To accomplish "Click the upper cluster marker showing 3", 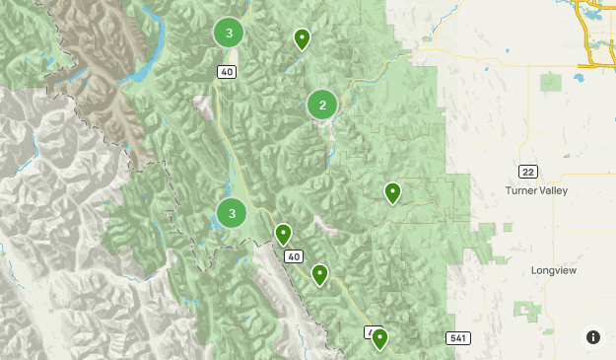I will click(229, 34).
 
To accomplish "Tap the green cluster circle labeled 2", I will click(322, 105).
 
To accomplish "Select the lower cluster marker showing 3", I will click(232, 212).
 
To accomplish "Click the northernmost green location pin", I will click(303, 39).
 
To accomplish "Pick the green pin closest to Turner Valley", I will click(392, 192).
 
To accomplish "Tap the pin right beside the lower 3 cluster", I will click(283, 235).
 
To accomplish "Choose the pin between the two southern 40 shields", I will click(319, 274).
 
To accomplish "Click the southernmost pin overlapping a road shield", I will click(378, 340).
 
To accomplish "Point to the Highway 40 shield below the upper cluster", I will click(228, 71).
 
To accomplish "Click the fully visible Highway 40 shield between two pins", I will click(294, 256).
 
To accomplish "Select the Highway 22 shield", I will click(528, 172).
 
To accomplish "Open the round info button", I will click(593, 337).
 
